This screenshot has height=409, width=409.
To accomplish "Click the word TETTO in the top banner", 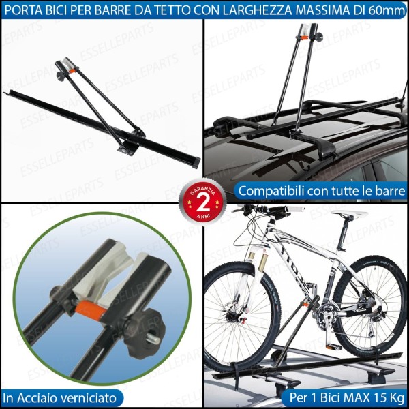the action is [x=175, y=10].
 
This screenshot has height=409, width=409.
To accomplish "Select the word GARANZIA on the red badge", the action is [x=202, y=191].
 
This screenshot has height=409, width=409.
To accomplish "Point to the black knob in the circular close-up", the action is [x=144, y=333].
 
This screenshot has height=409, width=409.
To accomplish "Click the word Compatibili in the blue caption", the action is [x=271, y=191].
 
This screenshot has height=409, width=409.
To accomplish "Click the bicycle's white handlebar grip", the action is [x=295, y=209].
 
